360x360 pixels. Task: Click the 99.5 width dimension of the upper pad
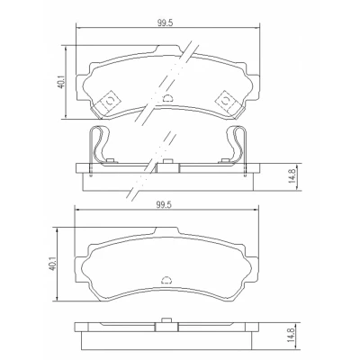[x=166, y=23]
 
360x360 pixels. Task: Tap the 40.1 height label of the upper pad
[x=60, y=82]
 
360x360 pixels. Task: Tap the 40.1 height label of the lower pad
[x=52, y=264]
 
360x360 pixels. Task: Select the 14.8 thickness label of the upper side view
[x=293, y=177]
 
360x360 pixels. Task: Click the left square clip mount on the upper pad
[x=110, y=100]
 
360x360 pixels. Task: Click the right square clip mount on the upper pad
[x=225, y=100]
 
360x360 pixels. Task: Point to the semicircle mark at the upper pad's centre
[x=168, y=98]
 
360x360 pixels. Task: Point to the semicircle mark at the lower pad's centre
[x=166, y=280]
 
